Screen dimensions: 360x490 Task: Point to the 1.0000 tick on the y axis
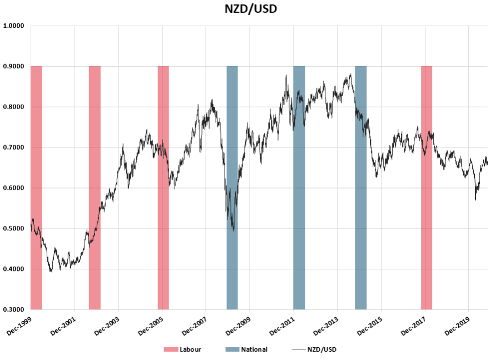tap(13, 26)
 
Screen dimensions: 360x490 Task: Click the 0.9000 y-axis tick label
tap(13, 66)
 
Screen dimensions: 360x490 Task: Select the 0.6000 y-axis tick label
tap(13, 188)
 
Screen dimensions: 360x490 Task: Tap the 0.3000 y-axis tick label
tap(13, 310)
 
